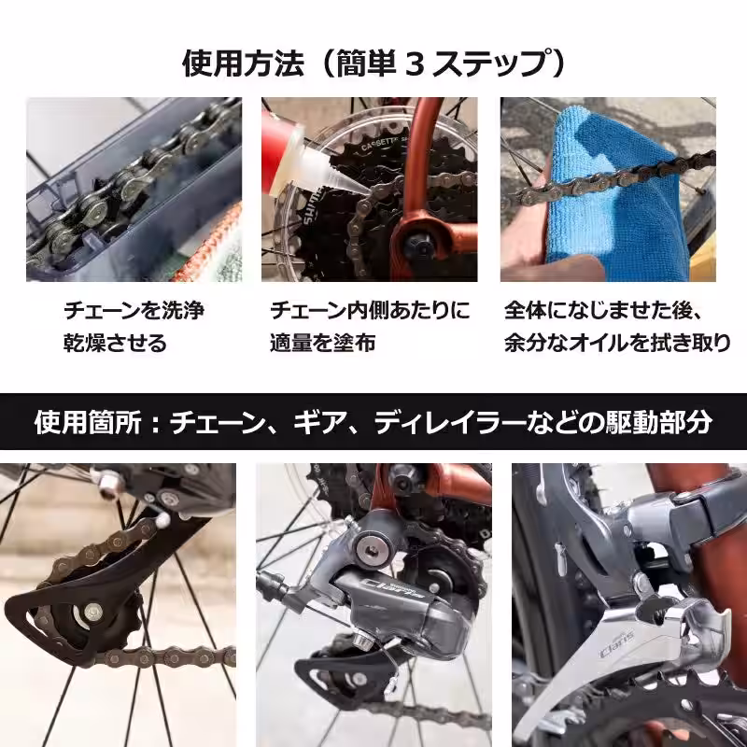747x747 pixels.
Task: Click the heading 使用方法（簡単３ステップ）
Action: click(x=373, y=63)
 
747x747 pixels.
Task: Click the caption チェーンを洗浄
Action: click(x=134, y=310)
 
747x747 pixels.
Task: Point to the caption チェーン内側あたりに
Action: click(x=371, y=310)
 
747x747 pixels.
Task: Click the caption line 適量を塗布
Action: click(x=323, y=343)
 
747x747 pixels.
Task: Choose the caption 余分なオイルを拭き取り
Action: click(x=617, y=343)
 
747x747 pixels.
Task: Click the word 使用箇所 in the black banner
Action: click(x=85, y=421)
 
